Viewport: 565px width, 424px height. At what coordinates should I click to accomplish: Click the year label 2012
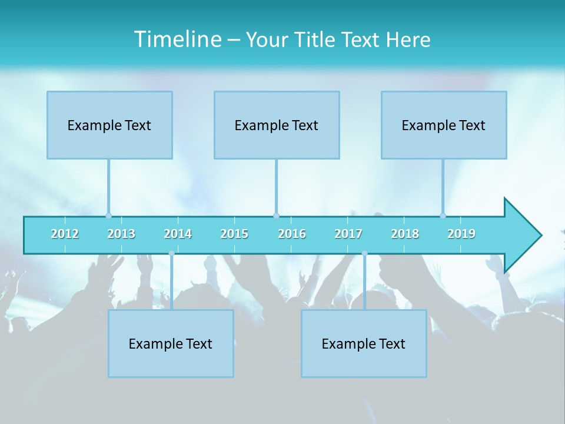point(65,234)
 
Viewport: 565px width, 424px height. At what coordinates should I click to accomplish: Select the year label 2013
point(121,234)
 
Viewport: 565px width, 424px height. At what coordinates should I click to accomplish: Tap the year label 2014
point(178,234)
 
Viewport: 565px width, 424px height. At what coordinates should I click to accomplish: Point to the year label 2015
point(234,234)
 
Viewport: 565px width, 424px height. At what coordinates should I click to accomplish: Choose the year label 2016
point(292,234)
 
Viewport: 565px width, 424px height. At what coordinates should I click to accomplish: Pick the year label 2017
point(348,234)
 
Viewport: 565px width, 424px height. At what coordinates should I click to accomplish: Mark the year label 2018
point(405,234)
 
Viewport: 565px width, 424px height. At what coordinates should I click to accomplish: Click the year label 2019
point(461,234)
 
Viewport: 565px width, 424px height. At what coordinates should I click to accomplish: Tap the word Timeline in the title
point(177,39)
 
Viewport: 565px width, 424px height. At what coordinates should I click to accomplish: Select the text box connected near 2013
point(109,125)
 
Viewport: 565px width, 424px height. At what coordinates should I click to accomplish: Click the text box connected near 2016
point(277,125)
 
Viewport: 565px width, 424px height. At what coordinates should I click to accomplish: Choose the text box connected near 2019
point(444,125)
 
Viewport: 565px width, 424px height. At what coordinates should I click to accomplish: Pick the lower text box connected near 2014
point(171,343)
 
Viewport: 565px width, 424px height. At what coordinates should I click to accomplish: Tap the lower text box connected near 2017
point(364,343)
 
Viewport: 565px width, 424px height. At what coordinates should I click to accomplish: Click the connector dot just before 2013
point(108,216)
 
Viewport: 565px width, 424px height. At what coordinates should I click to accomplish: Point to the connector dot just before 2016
point(276,216)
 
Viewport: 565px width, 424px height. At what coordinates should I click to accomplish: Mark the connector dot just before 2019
point(443,216)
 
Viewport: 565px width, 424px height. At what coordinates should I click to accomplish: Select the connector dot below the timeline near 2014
point(171,253)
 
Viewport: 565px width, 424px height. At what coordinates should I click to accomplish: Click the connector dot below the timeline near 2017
point(364,253)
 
